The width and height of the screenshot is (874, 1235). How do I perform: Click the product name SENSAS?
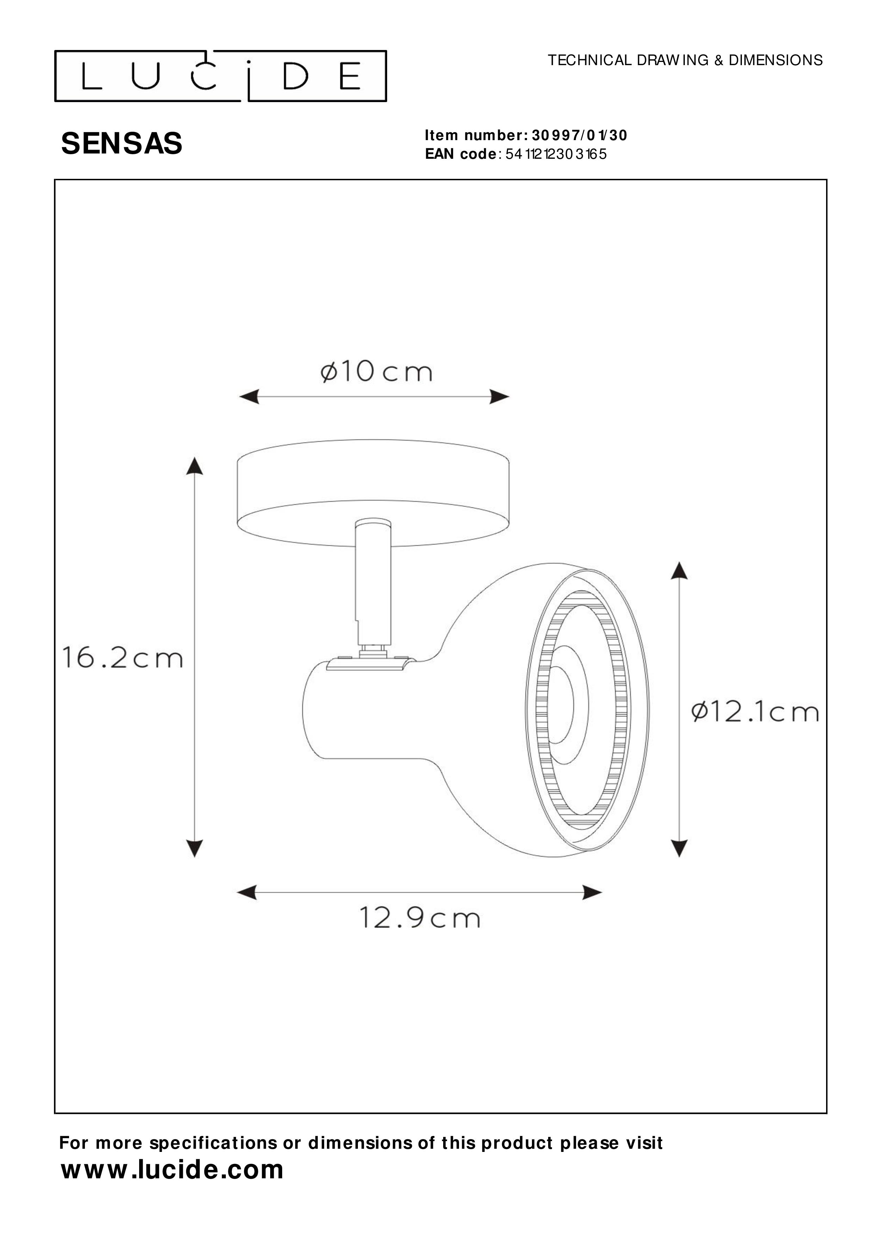tap(122, 144)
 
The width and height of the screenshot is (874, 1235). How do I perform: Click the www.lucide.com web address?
tap(172, 1170)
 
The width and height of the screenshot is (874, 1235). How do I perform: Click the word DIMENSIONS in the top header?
tap(775, 60)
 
